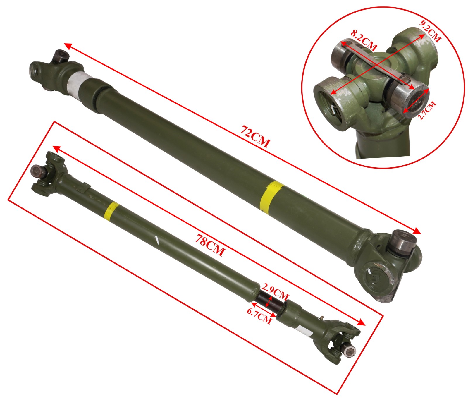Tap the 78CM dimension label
[x=210, y=245]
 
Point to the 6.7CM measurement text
[x=259, y=316]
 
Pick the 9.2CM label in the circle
[x=429, y=31]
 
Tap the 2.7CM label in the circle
[x=427, y=110]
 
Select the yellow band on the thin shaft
[x=111, y=210]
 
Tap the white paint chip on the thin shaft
[x=157, y=240]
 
